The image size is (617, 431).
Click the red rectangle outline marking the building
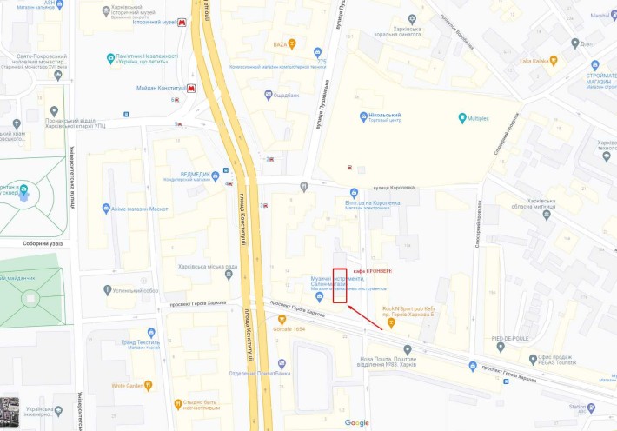pos(340,285)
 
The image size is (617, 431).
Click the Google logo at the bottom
pos(356,422)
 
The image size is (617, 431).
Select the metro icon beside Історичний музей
pos(181,23)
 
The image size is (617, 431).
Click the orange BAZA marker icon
pos(293,43)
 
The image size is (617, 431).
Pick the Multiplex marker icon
pos(462,117)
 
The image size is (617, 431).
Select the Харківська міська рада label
pos(207,267)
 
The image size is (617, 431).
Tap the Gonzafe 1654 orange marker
pos(281,330)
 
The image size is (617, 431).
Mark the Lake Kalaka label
pos(537,62)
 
